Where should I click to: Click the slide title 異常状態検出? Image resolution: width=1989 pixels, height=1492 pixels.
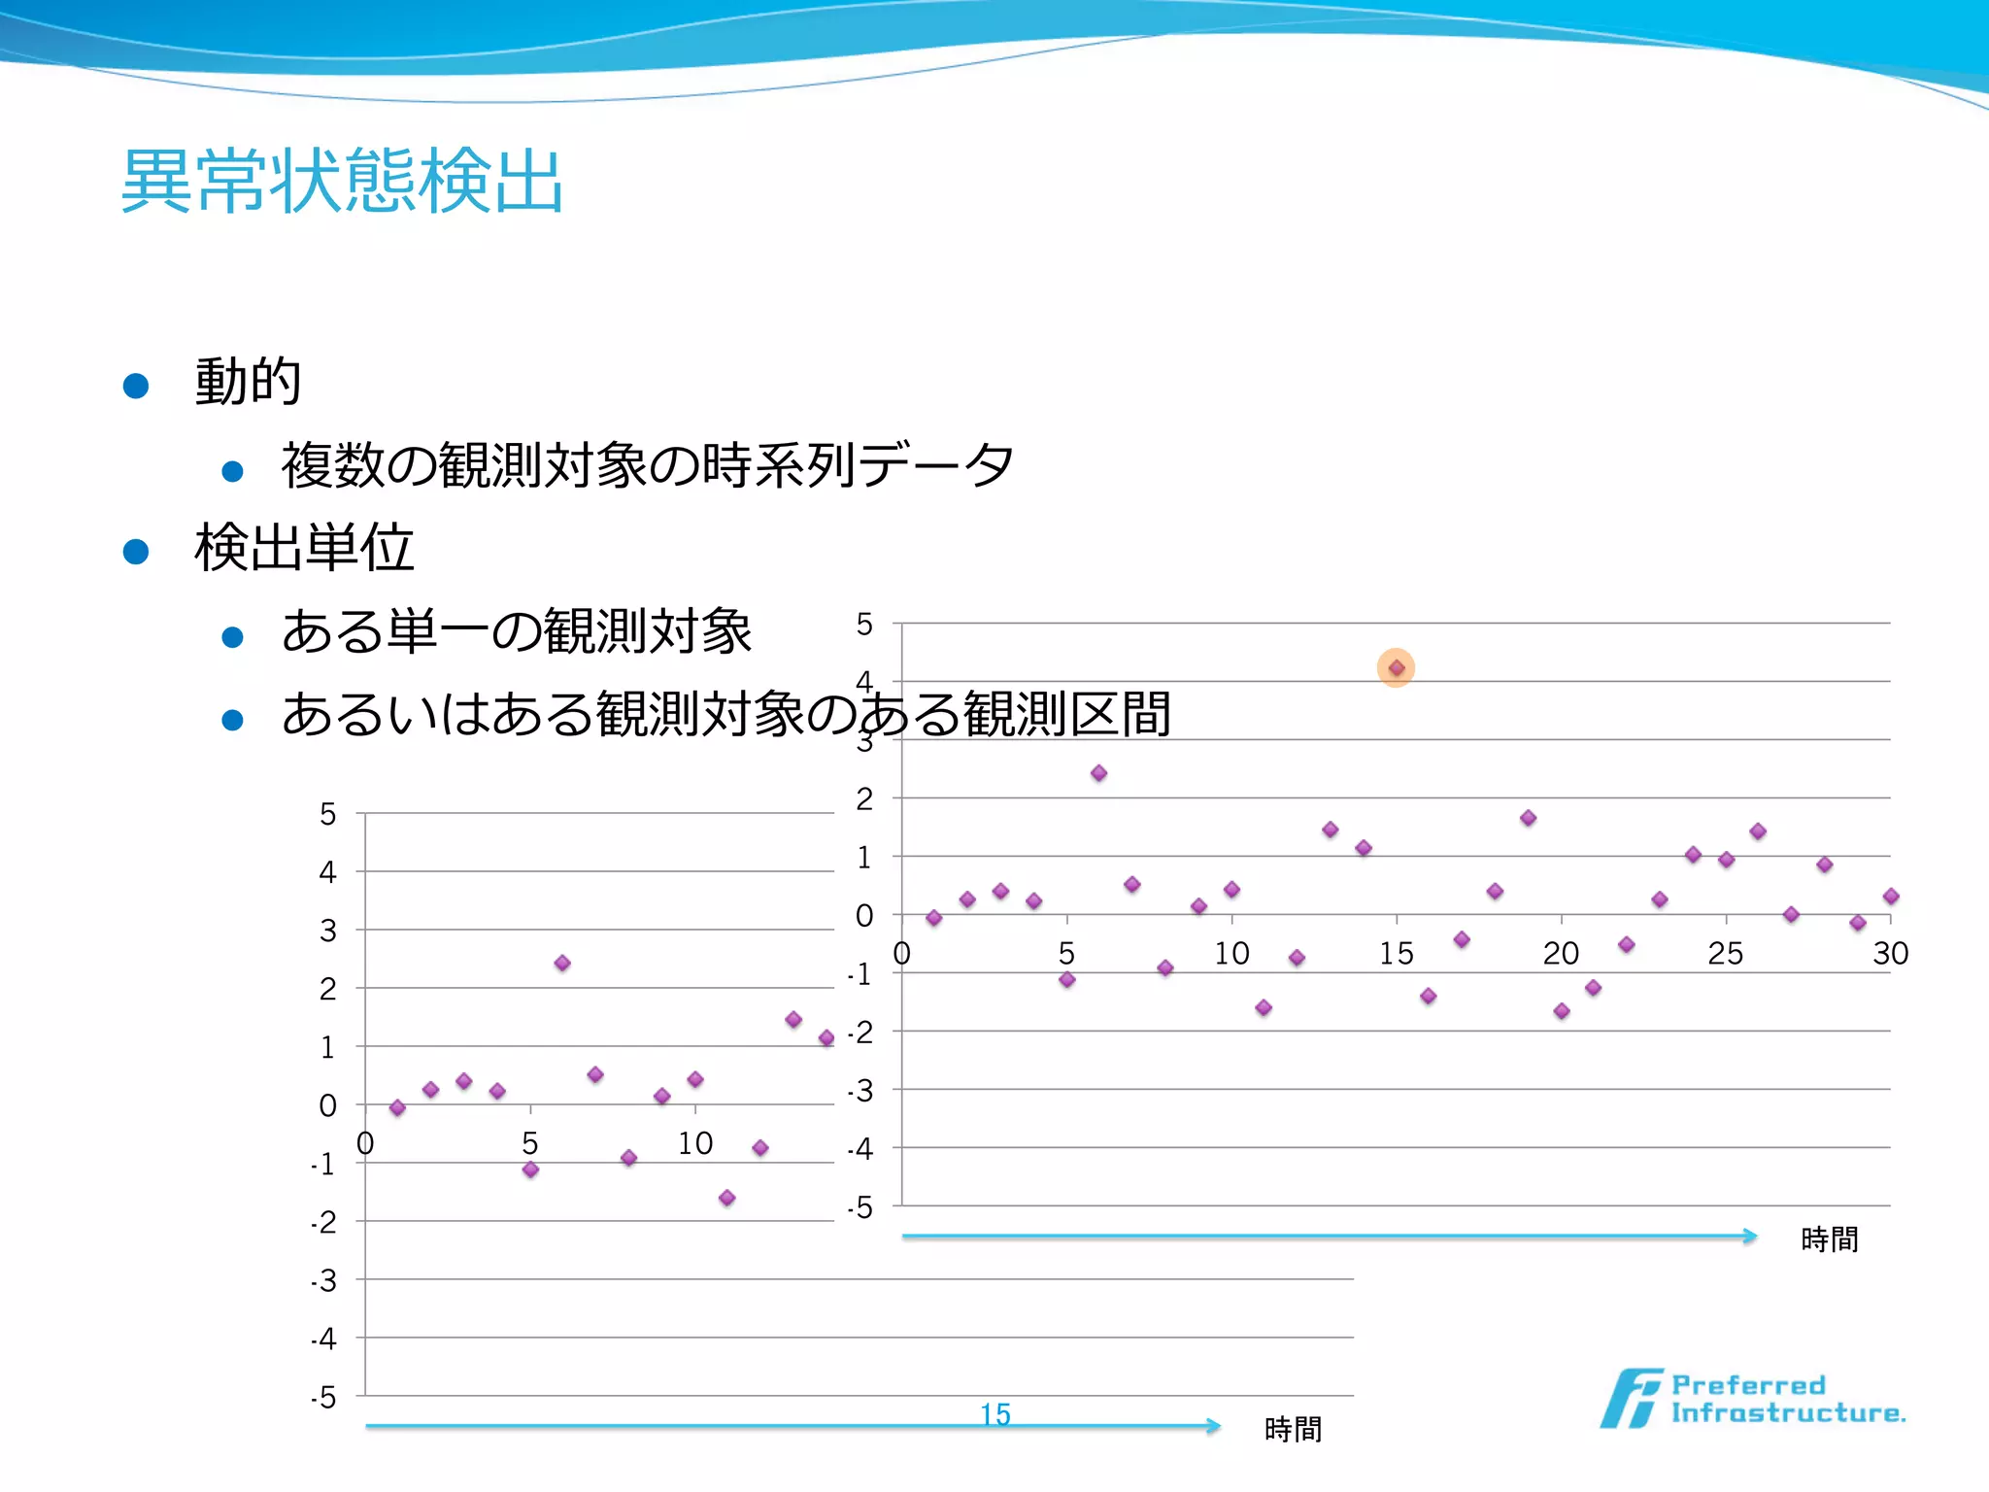click(x=342, y=181)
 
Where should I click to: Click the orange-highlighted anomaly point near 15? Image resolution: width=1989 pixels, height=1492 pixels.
click(x=1396, y=668)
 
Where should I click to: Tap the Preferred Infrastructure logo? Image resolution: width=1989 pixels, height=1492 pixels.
click(x=1753, y=1399)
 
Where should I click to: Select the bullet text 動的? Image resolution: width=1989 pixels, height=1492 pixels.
click(x=248, y=381)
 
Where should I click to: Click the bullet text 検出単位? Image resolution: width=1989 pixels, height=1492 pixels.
click(x=304, y=548)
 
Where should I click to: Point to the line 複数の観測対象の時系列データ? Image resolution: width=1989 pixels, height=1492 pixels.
click(x=647, y=465)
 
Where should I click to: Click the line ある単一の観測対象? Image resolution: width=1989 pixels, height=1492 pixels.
click(x=517, y=631)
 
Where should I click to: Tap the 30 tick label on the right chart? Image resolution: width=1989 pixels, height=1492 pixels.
click(x=1890, y=954)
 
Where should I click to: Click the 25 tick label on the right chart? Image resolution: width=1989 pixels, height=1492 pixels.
click(x=1725, y=954)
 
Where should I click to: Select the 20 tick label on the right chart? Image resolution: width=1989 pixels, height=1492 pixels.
click(x=1561, y=954)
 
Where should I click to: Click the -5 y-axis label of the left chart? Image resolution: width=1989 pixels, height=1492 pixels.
click(x=323, y=1398)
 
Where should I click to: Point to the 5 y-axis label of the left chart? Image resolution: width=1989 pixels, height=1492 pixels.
click(x=328, y=814)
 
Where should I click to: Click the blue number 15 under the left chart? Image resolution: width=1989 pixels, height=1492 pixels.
click(x=995, y=1414)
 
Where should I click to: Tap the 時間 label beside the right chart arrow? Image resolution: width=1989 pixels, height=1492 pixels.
click(x=1829, y=1239)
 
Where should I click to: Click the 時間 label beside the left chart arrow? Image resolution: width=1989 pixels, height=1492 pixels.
click(x=1293, y=1430)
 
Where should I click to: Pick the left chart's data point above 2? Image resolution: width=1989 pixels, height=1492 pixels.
click(x=562, y=964)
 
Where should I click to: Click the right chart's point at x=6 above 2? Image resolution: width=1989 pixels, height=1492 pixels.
click(x=1098, y=773)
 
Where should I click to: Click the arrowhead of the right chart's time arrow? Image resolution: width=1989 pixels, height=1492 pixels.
click(x=1751, y=1237)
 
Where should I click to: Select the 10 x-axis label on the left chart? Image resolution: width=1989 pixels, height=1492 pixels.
click(x=695, y=1144)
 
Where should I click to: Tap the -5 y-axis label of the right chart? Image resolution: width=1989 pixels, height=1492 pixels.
click(x=860, y=1208)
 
